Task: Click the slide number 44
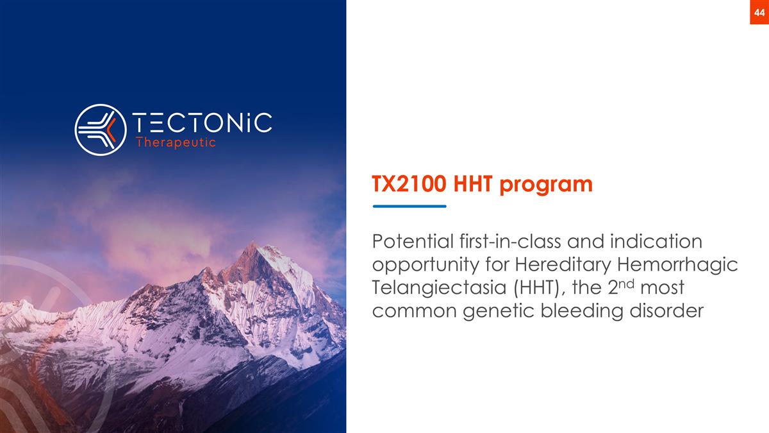pyautogui.click(x=759, y=13)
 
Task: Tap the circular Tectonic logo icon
pyautogui.click(x=101, y=130)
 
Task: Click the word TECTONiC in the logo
pyautogui.click(x=203, y=123)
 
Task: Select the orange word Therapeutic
pyautogui.click(x=176, y=142)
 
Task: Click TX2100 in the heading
pyautogui.click(x=409, y=184)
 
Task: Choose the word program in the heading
pyautogui.click(x=546, y=185)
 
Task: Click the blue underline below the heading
pyautogui.click(x=409, y=206)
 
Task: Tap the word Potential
pyautogui.click(x=413, y=241)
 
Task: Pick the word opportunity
pyautogui.click(x=426, y=266)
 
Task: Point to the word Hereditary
pyautogui.click(x=563, y=266)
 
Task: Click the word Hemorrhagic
pyautogui.click(x=678, y=266)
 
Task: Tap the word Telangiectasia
pyautogui.click(x=440, y=288)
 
